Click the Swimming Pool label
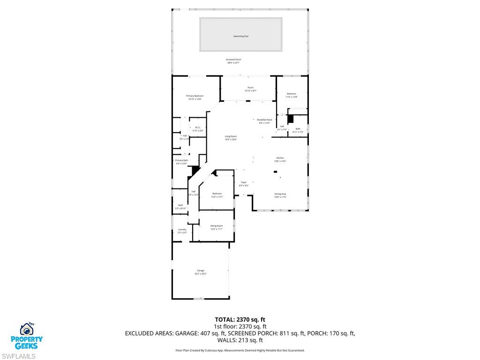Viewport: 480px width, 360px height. (240, 36)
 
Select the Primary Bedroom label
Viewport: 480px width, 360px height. (195, 96)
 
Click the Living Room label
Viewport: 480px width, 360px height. (231, 136)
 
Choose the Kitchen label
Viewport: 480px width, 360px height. (280, 158)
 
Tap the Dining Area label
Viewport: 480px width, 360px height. (280, 194)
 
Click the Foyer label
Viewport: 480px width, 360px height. (243, 182)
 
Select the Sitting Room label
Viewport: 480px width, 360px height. (216, 226)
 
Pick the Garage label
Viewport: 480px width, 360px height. (201, 270)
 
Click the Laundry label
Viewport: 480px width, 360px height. (182, 230)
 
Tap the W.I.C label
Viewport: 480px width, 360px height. (198, 127)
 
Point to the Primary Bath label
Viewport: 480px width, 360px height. (181, 161)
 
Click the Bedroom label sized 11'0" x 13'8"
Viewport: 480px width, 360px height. (292, 94)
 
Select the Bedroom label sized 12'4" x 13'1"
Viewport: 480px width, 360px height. (217, 194)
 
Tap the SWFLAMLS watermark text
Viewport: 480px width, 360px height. (18, 356)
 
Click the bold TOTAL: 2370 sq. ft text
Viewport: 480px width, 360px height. (240, 320)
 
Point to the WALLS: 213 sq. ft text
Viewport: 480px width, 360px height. (240, 340)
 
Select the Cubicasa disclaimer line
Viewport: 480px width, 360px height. (240, 350)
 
